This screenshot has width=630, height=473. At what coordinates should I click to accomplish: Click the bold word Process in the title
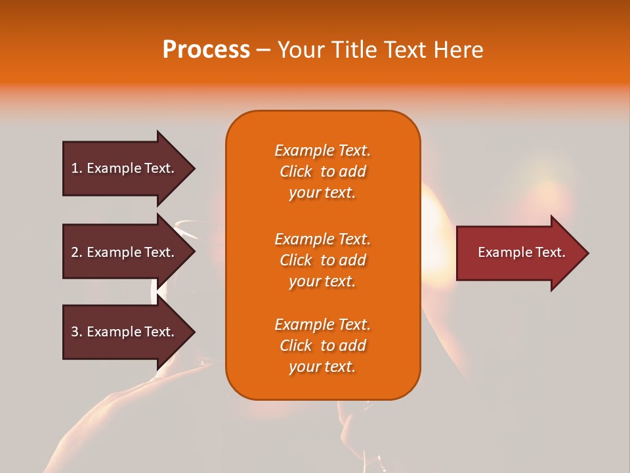tap(206, 50)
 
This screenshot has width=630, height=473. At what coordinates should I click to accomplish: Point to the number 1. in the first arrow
tap(77, 168)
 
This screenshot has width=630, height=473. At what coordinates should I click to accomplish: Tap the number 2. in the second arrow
tap(77, 252)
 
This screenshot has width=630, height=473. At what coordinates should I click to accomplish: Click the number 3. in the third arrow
tap(77, 332)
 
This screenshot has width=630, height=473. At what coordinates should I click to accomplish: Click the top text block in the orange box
tap(322, 171)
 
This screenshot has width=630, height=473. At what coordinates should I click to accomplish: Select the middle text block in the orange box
tap(322, 260)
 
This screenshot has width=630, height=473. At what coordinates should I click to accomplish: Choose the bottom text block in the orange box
tap(322, 346)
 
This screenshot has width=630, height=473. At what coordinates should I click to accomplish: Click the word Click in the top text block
tap(296, 171)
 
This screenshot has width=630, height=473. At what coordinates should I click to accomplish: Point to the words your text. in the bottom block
tap(322, 367)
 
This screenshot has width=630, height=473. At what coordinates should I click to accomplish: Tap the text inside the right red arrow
tap(522, 252)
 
